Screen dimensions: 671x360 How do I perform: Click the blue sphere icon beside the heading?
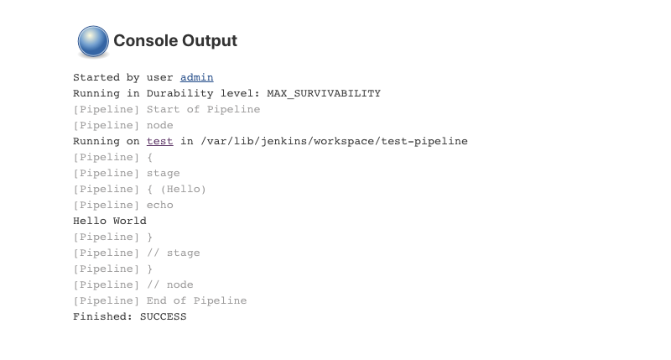tap(93, 40)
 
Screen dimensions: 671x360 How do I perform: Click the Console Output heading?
tap(175, 40)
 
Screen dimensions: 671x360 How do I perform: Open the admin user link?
tap(196, 77)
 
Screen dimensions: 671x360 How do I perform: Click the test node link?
tap(159, 141)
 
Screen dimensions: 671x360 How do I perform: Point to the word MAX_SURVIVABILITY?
tap(324, 93)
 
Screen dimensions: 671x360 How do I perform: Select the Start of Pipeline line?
tap(166, 109)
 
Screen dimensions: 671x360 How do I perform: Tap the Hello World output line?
tap(110, 221)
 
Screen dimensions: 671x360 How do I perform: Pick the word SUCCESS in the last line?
tap(163, 316)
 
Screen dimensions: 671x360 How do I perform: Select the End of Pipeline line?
tap(159, 300)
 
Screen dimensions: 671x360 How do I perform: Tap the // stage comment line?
tap(136, 253)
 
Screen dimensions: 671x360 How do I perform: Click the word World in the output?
tap(130, 221)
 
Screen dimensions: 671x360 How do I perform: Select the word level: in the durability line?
tap(240, 93)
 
